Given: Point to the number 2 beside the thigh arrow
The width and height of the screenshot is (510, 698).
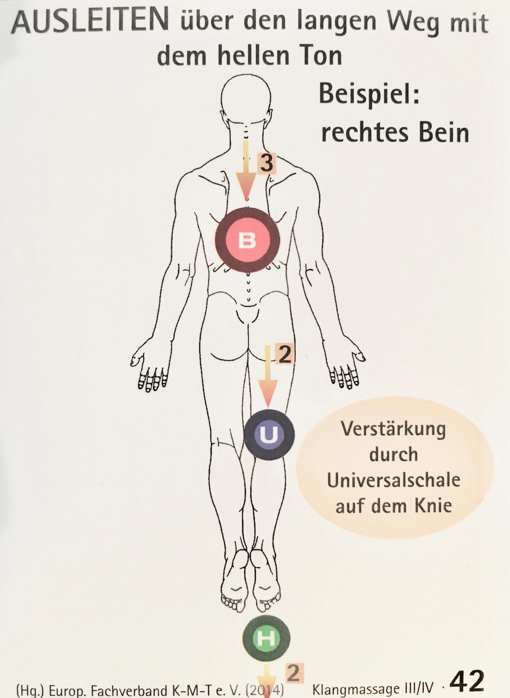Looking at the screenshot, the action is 284,355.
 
